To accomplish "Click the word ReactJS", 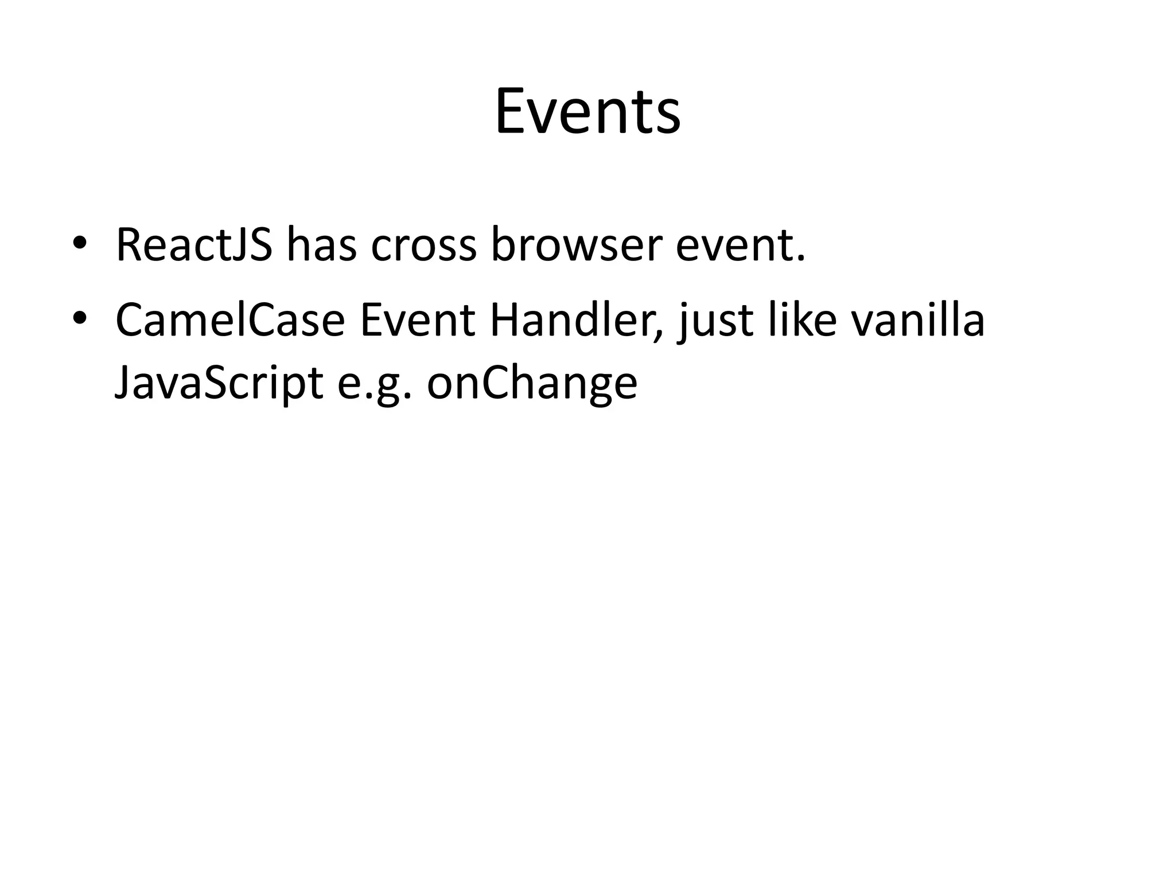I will [194, 245].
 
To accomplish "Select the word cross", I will [423, 245].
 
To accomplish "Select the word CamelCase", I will [229, 320].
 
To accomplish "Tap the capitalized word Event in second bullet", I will [417, 320].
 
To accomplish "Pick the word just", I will [715, 321].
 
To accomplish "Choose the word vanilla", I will [918, 320].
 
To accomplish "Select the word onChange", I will [532, 383].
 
